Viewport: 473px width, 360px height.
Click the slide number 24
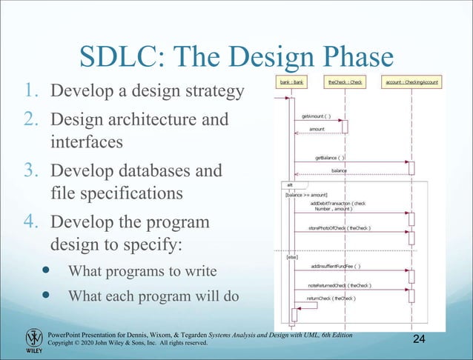tap(420, 339)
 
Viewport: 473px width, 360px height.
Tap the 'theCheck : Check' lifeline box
tap(345, 82)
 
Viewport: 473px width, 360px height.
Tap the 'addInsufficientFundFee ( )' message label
tap(336, 265)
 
